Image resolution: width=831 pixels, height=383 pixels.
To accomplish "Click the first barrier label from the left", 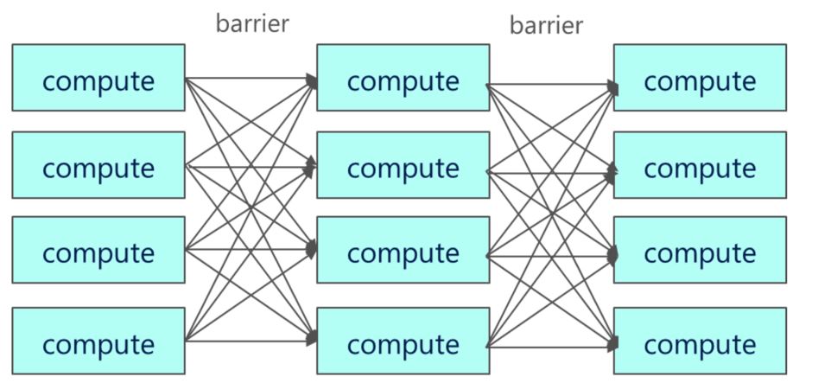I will coord(251,23).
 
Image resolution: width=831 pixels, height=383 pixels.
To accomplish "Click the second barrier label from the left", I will coord(546,25).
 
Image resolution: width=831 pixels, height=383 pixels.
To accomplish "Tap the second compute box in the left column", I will coord(98,165).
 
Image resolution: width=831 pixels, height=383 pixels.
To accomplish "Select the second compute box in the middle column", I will coord(403,165).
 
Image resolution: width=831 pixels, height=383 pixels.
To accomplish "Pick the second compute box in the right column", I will coord(700,165).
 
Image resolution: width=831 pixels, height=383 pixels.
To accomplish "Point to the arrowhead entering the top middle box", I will coord(312,81).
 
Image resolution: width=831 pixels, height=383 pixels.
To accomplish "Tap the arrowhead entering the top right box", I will coord(612,86).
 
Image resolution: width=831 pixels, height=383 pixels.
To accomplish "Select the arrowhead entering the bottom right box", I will coord(612,343).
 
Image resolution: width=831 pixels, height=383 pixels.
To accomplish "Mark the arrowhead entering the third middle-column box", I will coord(312,249).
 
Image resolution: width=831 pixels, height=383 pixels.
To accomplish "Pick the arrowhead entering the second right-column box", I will coord(612,173).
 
